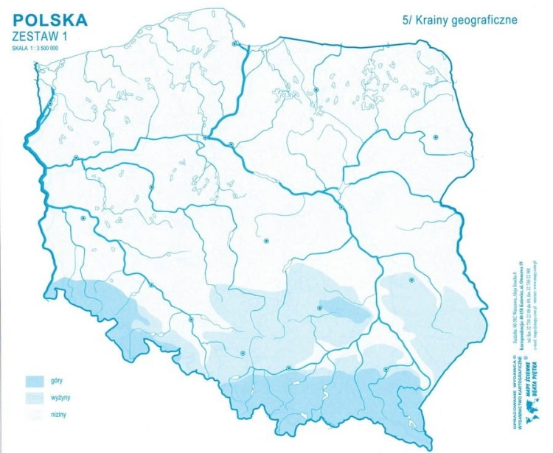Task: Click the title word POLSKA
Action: (x=49, y=18)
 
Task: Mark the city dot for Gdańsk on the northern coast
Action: (x=235, y=43)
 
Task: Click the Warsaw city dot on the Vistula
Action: (x=341, y=208)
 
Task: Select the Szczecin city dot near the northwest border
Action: (x=50, y=105)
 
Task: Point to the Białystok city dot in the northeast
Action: (x=436, y=137)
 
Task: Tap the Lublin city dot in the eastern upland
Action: (x=412, y=280)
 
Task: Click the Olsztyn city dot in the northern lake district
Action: (x=316, y=89)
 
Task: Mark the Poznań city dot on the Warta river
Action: (x=151, y=187)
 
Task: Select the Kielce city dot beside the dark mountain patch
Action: (x=319, y=308)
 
